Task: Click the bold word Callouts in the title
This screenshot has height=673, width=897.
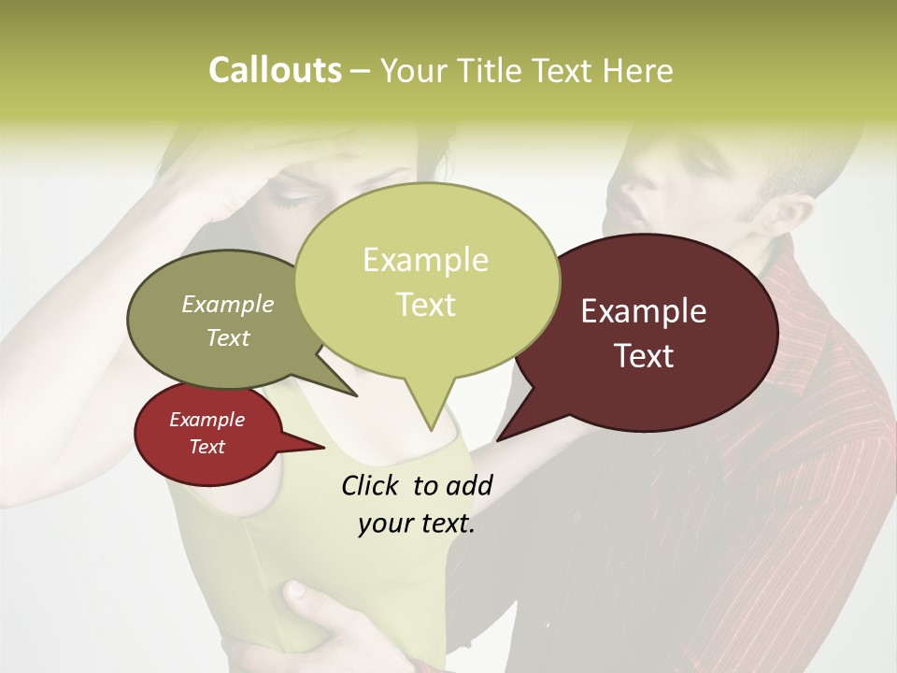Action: click(x=275, y=71)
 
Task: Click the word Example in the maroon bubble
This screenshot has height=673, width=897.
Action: click(x=644, y=311)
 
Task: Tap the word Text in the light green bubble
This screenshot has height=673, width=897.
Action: click(x=426, y=305)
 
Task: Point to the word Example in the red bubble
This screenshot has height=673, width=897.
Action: click(x=206, y=420)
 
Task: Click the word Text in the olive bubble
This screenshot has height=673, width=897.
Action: click(x=228, y=338)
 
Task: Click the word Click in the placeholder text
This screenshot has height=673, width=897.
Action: click(x=370, y=485)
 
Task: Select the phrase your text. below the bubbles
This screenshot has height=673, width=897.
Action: click(x=417, y=524)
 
